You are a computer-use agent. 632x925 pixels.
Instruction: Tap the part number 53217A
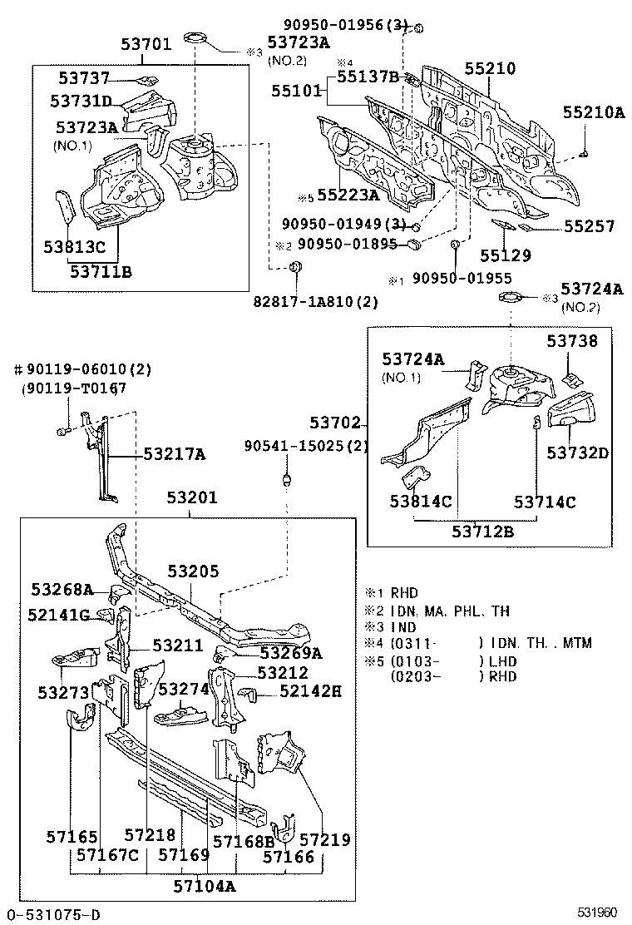[174, 454]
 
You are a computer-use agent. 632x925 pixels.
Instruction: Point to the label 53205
[193, 571]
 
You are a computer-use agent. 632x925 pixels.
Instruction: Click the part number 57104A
[205, 886]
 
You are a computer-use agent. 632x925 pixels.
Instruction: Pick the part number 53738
[571, 341]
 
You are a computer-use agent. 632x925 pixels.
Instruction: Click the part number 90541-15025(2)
[305, 447]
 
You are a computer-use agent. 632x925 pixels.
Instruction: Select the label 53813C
[75, 248]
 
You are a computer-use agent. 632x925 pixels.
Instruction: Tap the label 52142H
[311, 691]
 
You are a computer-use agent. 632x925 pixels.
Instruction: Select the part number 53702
[335, 423]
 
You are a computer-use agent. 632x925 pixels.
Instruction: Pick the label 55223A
[348, 195]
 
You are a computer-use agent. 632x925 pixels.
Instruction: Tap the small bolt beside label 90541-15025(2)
[287, 479]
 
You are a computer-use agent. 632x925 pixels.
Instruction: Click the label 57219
[324, 840]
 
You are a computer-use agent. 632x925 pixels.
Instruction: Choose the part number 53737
[84, 78]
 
